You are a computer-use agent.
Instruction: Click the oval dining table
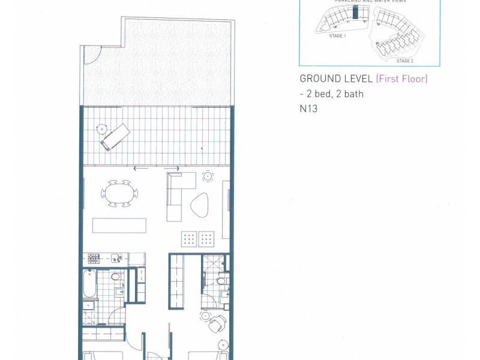pyautogui.click(x=119, y=193)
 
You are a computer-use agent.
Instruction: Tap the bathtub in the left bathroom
pyautogui.click(x=90, y=284)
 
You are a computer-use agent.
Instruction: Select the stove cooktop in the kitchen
pyautogui.click(x=94, y=259)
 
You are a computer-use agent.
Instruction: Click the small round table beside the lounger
pyautogui.click(x=102, y=129)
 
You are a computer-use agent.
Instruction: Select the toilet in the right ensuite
pyautogui.click(x=221, y=281)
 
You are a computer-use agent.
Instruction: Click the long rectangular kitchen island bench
pyautogui.click(x=119, y=225)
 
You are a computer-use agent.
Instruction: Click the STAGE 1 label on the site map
pyautogui.click(x=338, y=37)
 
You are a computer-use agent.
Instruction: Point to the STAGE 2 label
pyautogui.click(x=404, y=61)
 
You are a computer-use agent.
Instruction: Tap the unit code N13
pyautogui.click(x=308, y=109)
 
